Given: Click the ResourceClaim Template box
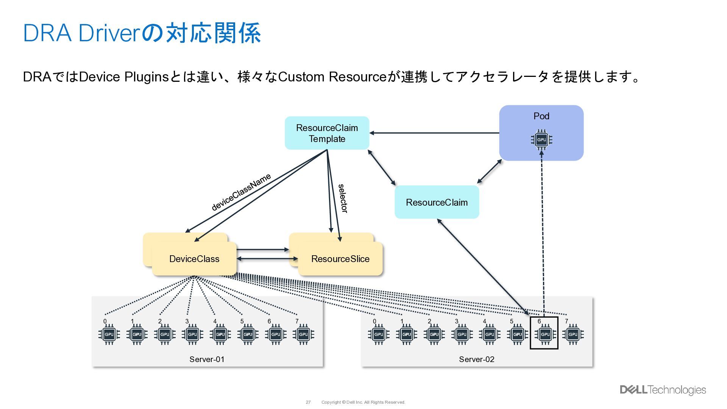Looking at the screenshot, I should [327, 133].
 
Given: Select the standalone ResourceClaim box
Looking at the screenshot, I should [437, 202].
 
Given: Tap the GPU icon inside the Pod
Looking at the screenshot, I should [541, 140].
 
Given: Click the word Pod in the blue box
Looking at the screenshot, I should [541, 116].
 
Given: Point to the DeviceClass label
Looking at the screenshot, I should [194, 259].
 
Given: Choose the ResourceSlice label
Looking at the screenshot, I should [340, 259].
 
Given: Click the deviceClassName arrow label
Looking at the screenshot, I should [241, 192].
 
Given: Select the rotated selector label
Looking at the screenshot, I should [343, 198].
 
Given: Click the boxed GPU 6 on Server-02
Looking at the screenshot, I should [544, 334].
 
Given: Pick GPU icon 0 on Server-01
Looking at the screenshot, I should [109, 334].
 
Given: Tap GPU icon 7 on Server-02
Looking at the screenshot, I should [573, 334].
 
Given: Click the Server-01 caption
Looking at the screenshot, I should [207, 359].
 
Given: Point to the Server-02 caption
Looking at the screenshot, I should [476, 359].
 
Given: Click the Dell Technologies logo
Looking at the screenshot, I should [663, 390].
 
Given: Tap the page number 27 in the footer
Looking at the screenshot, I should [308, 402].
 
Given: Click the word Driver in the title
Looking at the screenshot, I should [110, 33].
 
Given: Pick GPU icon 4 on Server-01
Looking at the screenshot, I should [220, 334].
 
